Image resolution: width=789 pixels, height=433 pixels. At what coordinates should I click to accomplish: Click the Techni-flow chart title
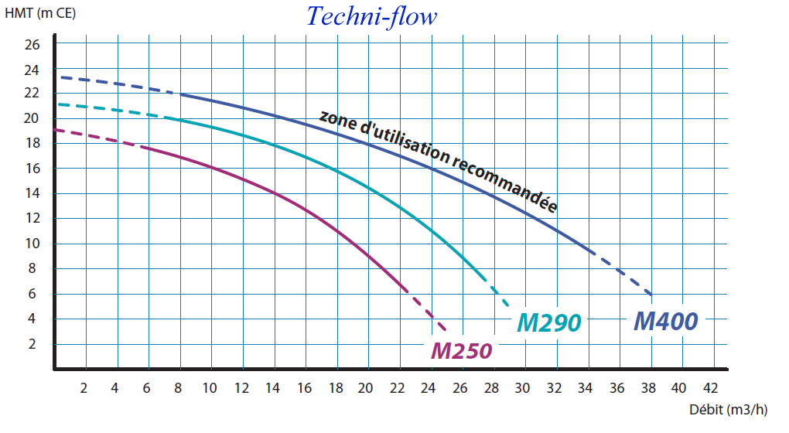click(x=372, y=16)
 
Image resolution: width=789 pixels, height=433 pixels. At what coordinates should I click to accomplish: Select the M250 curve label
click(x=461, y=351)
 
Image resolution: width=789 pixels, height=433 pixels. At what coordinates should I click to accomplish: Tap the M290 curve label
click(x=548, y=322)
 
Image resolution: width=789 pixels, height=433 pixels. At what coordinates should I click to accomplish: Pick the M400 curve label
click(x=666, y=320)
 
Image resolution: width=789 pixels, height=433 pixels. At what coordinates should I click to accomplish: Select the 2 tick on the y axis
click(x=32, y=344)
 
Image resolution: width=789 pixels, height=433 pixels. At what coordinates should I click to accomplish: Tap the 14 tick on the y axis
click(x=32, y=193)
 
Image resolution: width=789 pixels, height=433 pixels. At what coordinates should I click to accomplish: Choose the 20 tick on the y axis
click(x=32, y=118)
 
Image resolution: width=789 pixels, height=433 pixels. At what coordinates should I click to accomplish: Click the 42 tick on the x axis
click(x=710, y=387)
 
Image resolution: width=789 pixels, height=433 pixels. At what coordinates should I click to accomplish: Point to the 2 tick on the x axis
click(x=84, y=387)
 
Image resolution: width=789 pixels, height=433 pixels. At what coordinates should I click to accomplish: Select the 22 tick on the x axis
click(x=398, y=387)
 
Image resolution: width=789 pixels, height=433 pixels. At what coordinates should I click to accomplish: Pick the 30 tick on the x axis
click(x=523, y=387)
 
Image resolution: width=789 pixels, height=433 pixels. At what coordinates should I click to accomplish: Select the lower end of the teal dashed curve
click(x=510, y=306)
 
